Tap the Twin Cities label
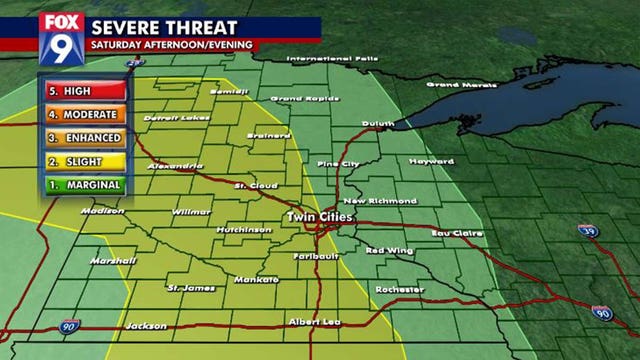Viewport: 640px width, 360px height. [316, 217]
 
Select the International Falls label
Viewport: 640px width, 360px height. [333, 59]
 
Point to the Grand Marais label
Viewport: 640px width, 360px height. [456, 84]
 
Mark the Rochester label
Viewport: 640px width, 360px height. [400, 289]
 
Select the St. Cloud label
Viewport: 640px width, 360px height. [254, 185]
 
